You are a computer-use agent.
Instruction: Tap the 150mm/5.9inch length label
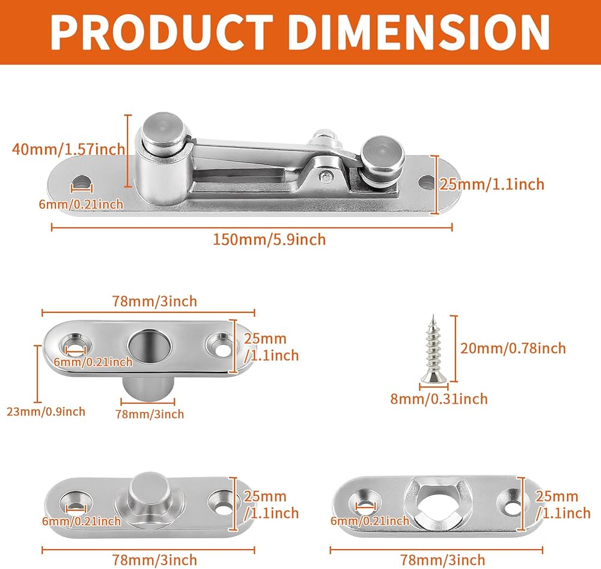point(269,240)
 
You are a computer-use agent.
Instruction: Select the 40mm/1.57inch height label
point(69,148)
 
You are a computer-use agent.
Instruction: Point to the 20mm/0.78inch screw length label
point(513,348)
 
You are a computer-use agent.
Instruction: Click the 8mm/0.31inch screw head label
point(439,399)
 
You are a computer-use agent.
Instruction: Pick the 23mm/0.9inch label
point(46,412)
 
